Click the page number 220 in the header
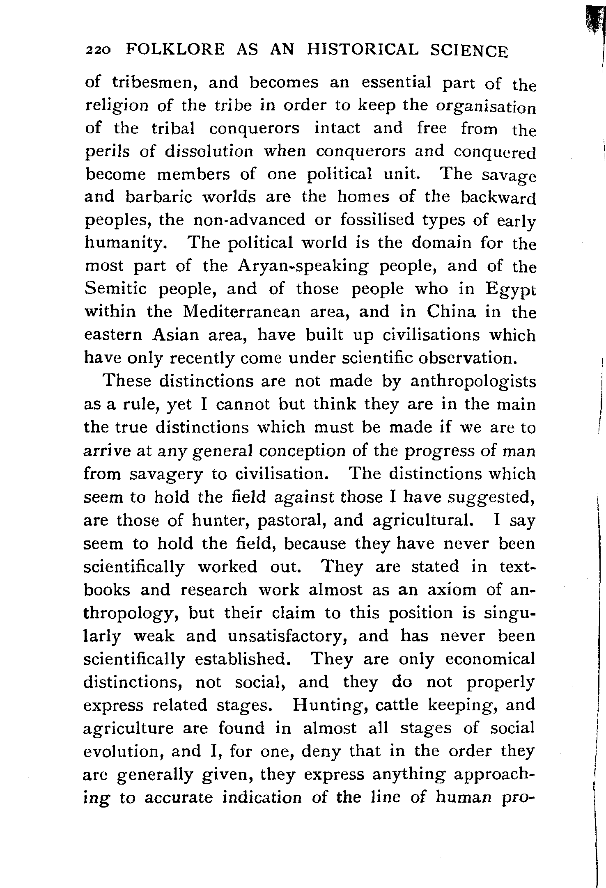coord(97,50)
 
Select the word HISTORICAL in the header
coord(363,50)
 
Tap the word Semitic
coord(115,289)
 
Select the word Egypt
coord(510,290)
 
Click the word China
coord(451,312)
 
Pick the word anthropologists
coord(473,382)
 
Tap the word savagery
coord(166,475)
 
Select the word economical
coord(490,659)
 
